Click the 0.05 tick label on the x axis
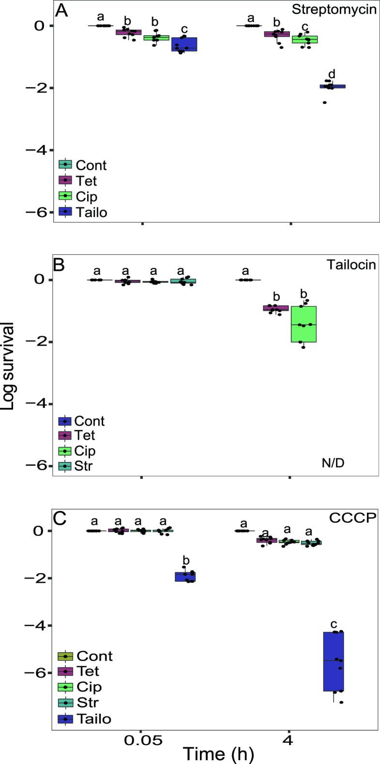coord(141,739)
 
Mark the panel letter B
coord(60,266)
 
